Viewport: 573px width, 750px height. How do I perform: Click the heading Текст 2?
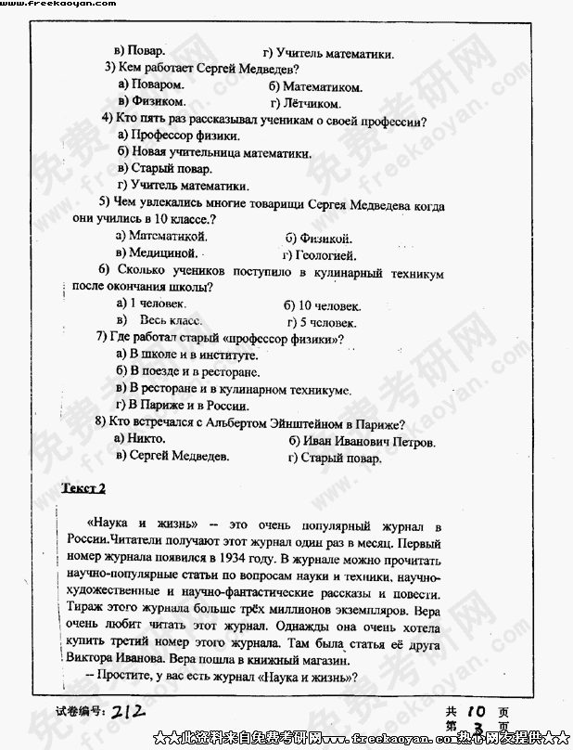coord(83,488)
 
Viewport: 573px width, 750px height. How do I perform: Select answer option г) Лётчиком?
coord(305,103)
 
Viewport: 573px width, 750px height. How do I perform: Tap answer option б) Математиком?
coord(315,86)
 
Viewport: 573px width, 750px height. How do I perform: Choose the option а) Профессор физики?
coord(172,136)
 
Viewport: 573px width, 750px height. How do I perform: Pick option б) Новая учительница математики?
coord(214,152)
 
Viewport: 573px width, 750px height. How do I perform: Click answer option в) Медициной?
coord(157,252)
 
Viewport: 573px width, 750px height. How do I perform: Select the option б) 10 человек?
coord(322,305)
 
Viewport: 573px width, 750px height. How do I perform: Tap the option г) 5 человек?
coord(322,322)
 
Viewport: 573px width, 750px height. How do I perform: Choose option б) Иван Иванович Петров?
coord(362,441)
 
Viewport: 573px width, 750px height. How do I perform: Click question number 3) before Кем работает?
coord(109,68)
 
